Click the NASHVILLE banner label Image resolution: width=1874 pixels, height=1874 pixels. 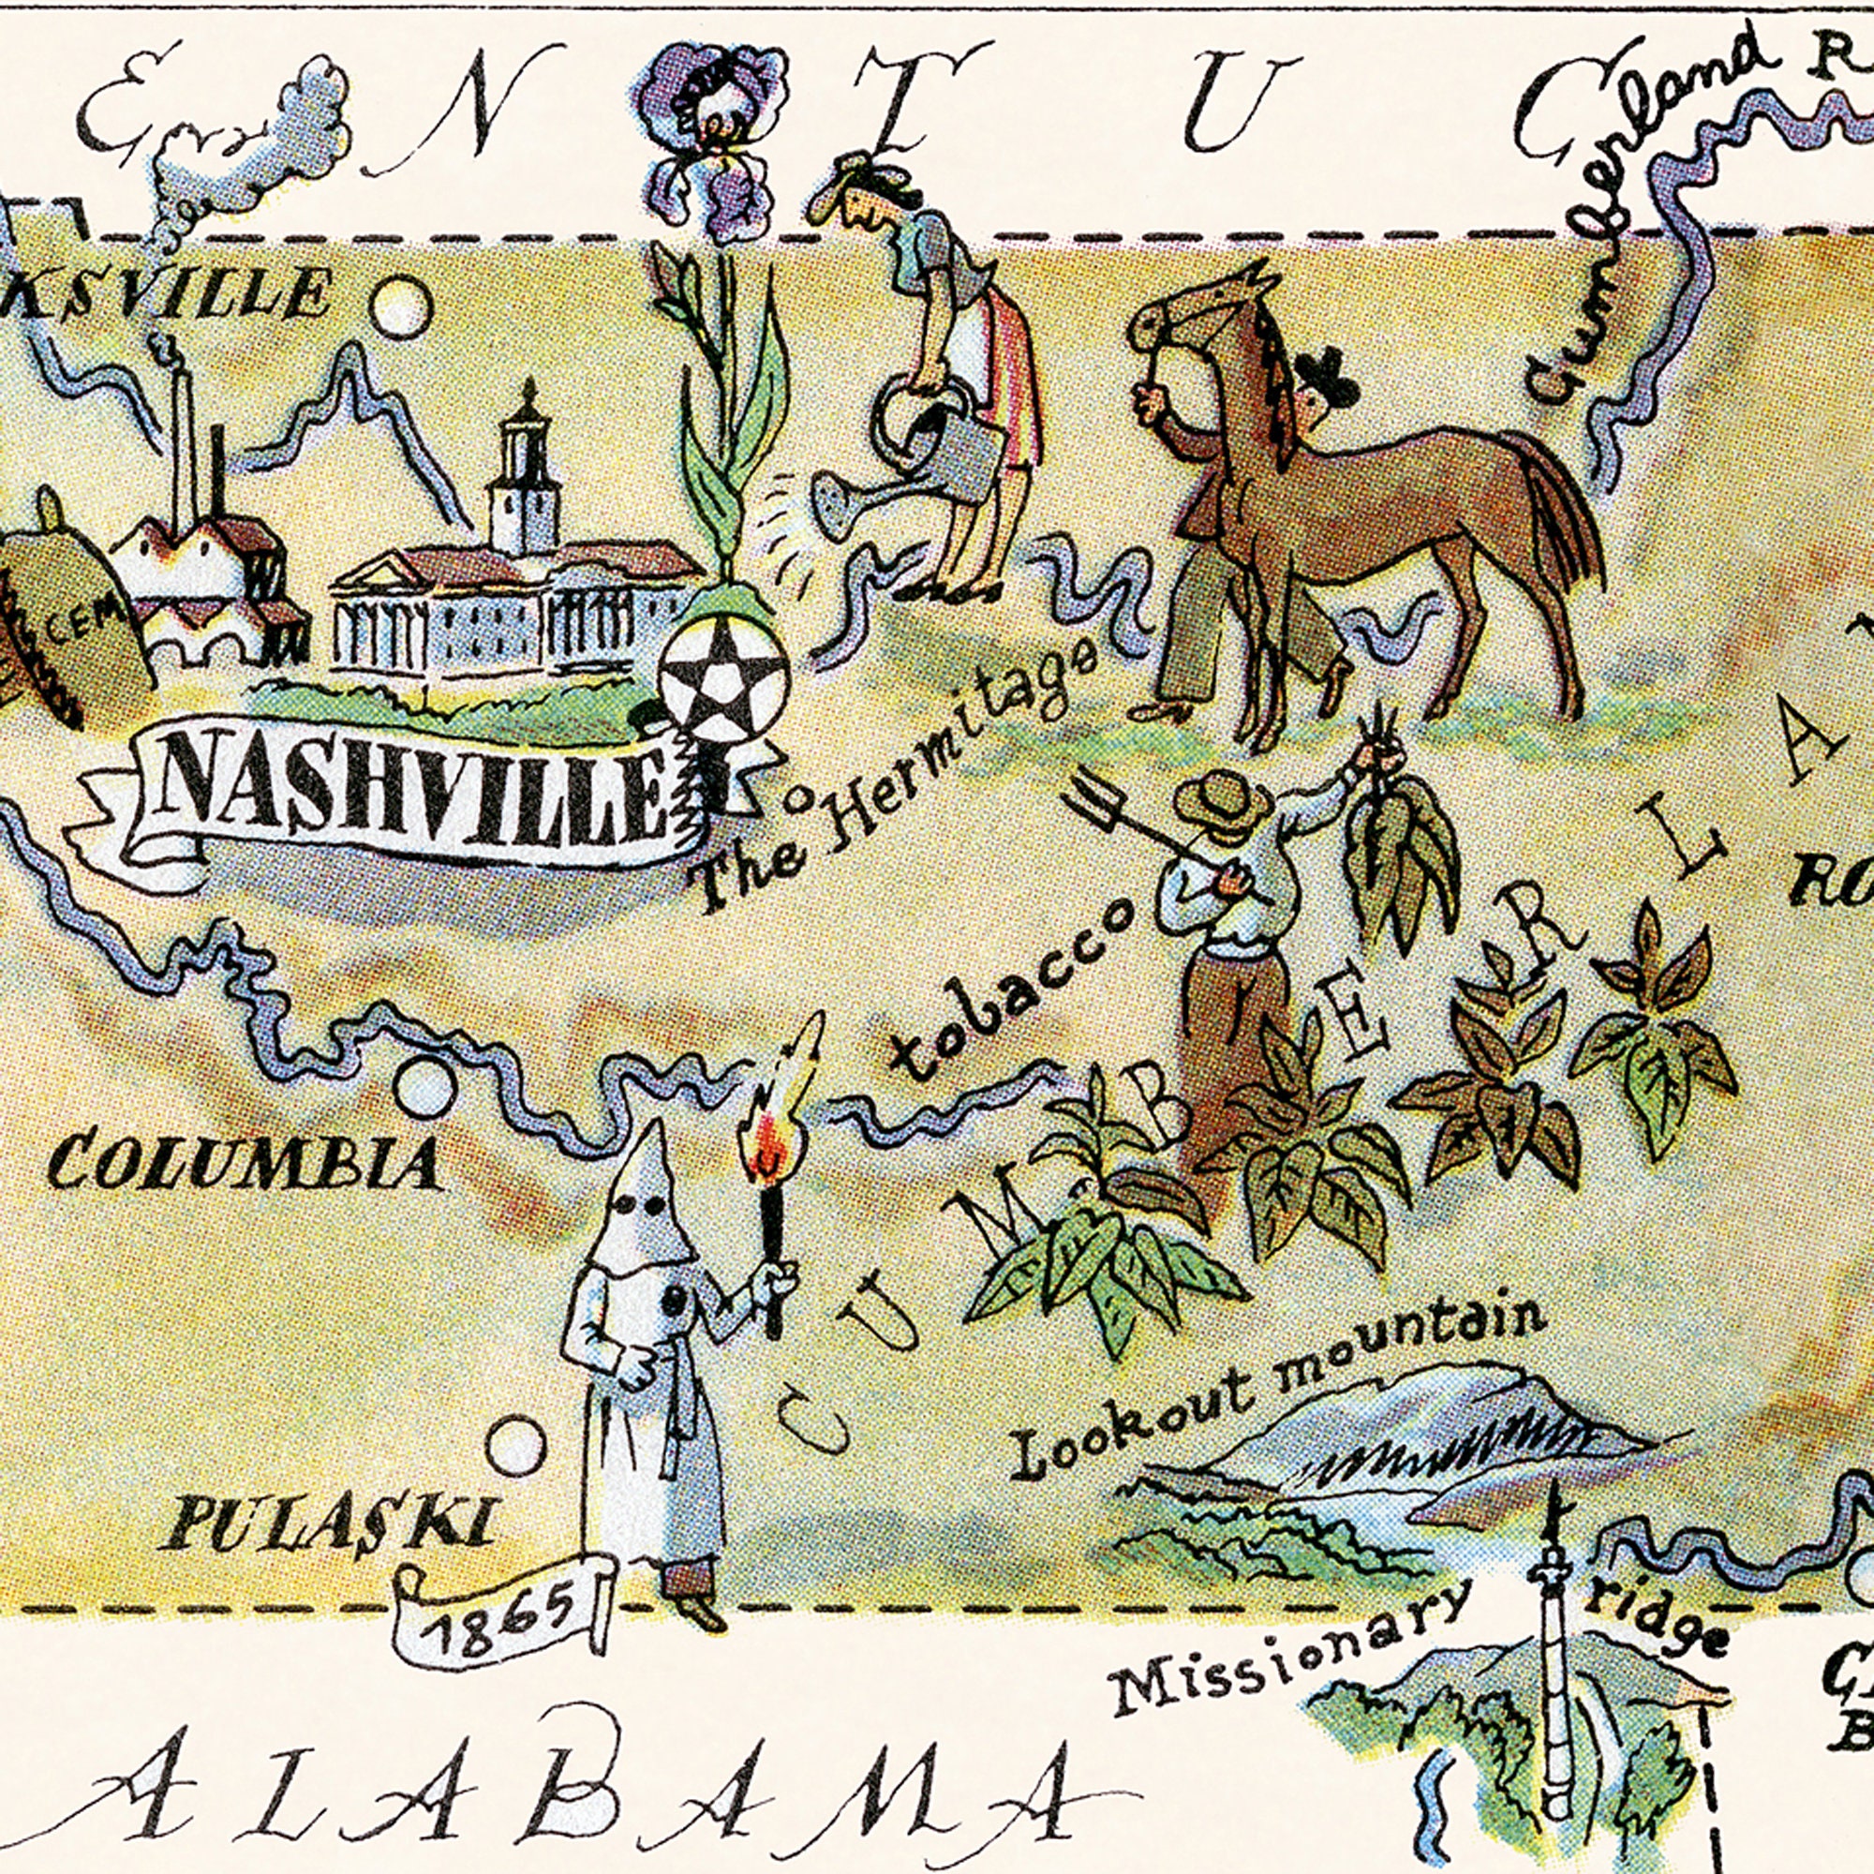click(x=408, y=791)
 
